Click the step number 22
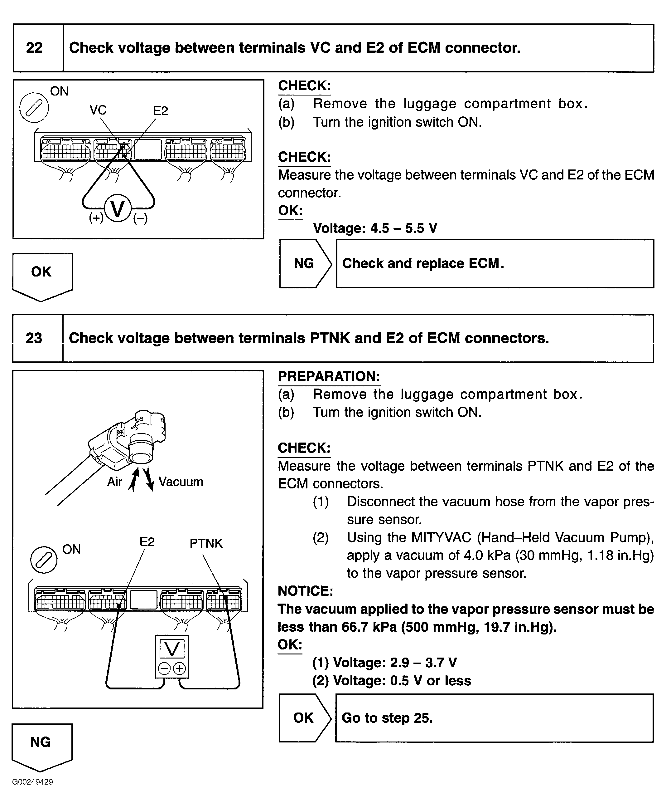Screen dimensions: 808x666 pos(34,48)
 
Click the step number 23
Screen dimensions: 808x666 pos(34,338)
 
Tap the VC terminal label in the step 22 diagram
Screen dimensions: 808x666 pos(98,110)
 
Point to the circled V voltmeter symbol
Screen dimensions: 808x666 pos(118,209)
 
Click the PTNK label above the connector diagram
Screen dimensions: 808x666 pos(206,543)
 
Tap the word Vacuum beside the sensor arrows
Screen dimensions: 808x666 pos(181,482)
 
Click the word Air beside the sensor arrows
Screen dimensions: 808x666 pos(114,482)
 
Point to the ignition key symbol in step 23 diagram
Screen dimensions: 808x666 pos(44,560)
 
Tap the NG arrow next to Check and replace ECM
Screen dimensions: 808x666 pos(305,263)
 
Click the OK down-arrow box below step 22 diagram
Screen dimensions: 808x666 pos(42,275)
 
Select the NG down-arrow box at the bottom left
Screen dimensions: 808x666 pos(41,745)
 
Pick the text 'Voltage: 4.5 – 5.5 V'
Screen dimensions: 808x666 pos(375,228)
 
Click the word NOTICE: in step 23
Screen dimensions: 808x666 pos(305,591)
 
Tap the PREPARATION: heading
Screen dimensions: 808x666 pos(329,376)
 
